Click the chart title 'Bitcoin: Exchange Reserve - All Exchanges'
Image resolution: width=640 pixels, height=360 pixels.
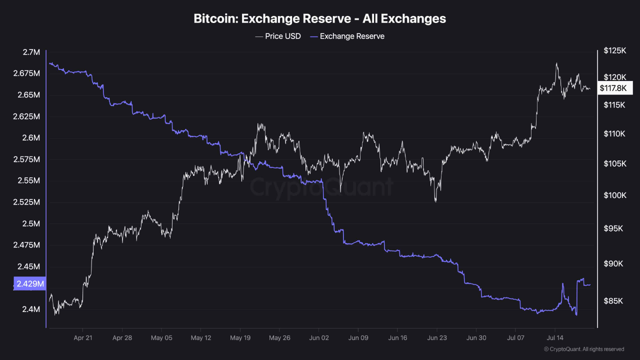(319, 18)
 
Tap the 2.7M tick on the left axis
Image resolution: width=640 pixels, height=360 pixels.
(31, 52)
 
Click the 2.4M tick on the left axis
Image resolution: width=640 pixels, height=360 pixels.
(31, 309)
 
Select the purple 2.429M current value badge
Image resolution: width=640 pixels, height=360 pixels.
(30, 284)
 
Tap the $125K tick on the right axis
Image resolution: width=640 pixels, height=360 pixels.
(615, 50)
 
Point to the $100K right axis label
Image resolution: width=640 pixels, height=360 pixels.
(615, 195)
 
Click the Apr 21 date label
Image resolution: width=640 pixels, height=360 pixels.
(82, 337)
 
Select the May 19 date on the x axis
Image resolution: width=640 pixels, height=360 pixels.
(240, 337)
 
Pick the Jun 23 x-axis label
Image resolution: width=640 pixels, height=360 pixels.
(436, 337)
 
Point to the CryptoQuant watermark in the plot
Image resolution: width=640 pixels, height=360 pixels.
(321, 187)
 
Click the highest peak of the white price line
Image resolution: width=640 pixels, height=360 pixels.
(556, 63)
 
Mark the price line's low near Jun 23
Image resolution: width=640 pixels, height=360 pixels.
(435, 201)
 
